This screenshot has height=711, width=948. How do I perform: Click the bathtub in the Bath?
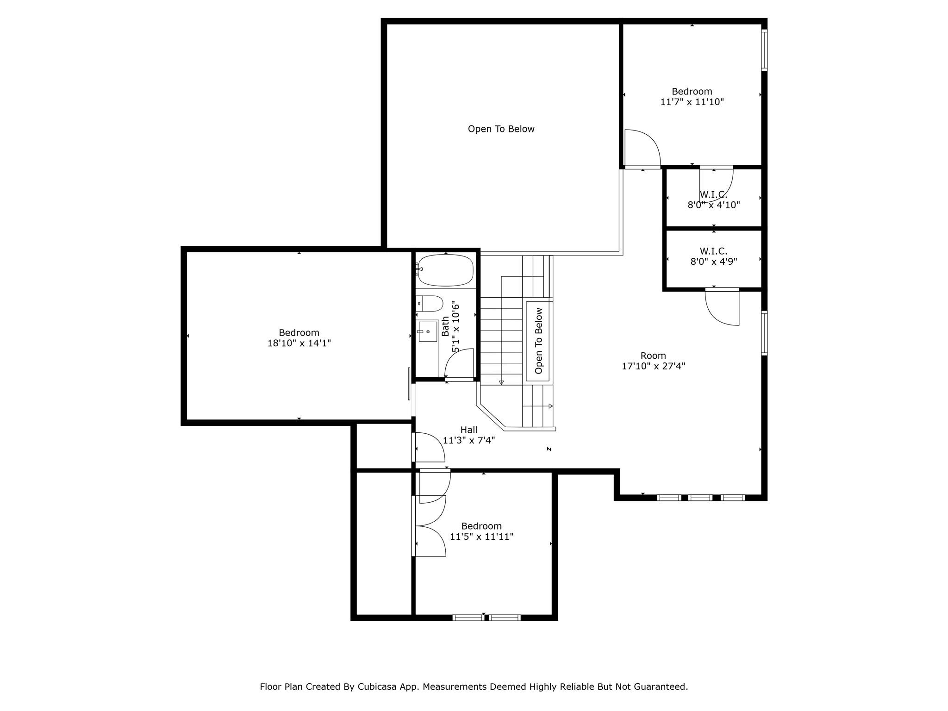(x=445, y=270)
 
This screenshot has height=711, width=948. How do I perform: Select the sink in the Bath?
(x=428, y=331)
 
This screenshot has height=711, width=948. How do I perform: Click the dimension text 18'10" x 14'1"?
(x=299, y=343)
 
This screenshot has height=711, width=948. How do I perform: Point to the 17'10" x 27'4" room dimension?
(x=653, y=366)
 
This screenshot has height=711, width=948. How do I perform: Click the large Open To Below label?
(x=501, y=129)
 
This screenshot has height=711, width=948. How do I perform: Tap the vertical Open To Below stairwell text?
(x=538, y=341)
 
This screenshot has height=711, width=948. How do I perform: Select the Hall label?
(x=468, y=430)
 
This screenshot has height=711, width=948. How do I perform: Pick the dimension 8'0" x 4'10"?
(x=713, y=205)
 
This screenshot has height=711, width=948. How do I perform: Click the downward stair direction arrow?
(x=501, y=382)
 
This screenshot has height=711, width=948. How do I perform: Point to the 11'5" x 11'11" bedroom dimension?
(x=481, y=536)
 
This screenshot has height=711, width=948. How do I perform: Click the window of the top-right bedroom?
(x=764, y=50)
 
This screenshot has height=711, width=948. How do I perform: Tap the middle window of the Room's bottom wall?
(x=700, y=498)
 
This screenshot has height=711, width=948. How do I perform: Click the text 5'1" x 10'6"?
(x=456, y=326)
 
